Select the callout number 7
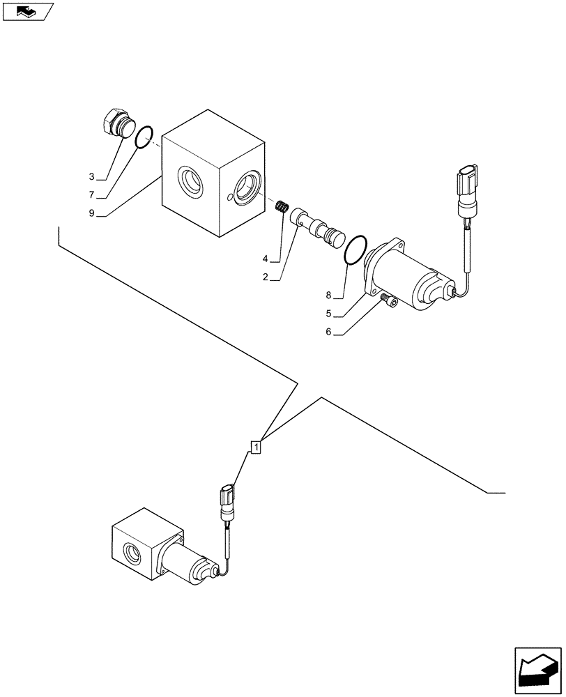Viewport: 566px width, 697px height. coord(91,196)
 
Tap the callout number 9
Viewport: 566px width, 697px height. coord(91,214)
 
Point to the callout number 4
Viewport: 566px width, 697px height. coord(266,259)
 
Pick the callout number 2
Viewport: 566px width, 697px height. coord(266,277)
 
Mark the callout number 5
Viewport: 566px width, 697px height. coord(328,314)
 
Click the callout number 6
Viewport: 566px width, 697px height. coord(328,332)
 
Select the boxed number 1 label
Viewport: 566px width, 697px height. coord(257,446)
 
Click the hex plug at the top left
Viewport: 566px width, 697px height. coord(116,124)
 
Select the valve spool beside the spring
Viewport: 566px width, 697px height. coord(318,227)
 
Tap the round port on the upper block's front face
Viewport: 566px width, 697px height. coord(190,180)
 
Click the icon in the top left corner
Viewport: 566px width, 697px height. coord(29,12)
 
